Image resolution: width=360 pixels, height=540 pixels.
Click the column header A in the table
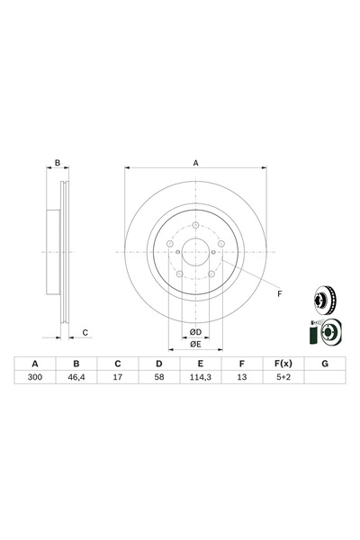tap(36, 364)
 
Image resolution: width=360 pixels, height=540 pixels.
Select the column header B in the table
tap(76, 364)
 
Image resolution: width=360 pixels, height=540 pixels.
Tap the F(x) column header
tap(282, 364)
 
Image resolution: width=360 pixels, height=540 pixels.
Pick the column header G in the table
tap(323, 364)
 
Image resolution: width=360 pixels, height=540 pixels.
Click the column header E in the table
tap(200, 364)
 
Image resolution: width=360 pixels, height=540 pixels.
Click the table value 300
tap(36, 380)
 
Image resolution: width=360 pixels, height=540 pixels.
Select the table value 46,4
tap(76, 380)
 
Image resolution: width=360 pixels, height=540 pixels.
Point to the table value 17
tap(118, 380)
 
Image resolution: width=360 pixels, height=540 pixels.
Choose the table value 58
tap(158, 380)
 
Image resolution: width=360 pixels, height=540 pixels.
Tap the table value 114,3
tap(200, 380)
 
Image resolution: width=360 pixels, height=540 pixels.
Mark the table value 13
tap(241, 380)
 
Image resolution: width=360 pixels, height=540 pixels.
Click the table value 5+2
tap(282, 380)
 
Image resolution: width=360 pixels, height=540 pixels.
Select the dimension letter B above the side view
tap(57, 163)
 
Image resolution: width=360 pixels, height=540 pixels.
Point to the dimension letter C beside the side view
tap(85, 333)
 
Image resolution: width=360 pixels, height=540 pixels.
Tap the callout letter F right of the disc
tap(279, 294)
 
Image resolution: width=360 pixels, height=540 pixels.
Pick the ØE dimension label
tap(194, 344)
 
